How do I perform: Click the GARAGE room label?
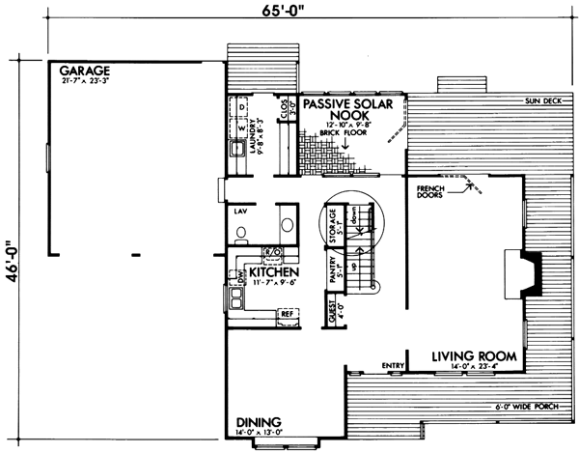point(85,71)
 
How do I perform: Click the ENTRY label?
point(392,364)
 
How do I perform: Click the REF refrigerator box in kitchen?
point(287,313)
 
